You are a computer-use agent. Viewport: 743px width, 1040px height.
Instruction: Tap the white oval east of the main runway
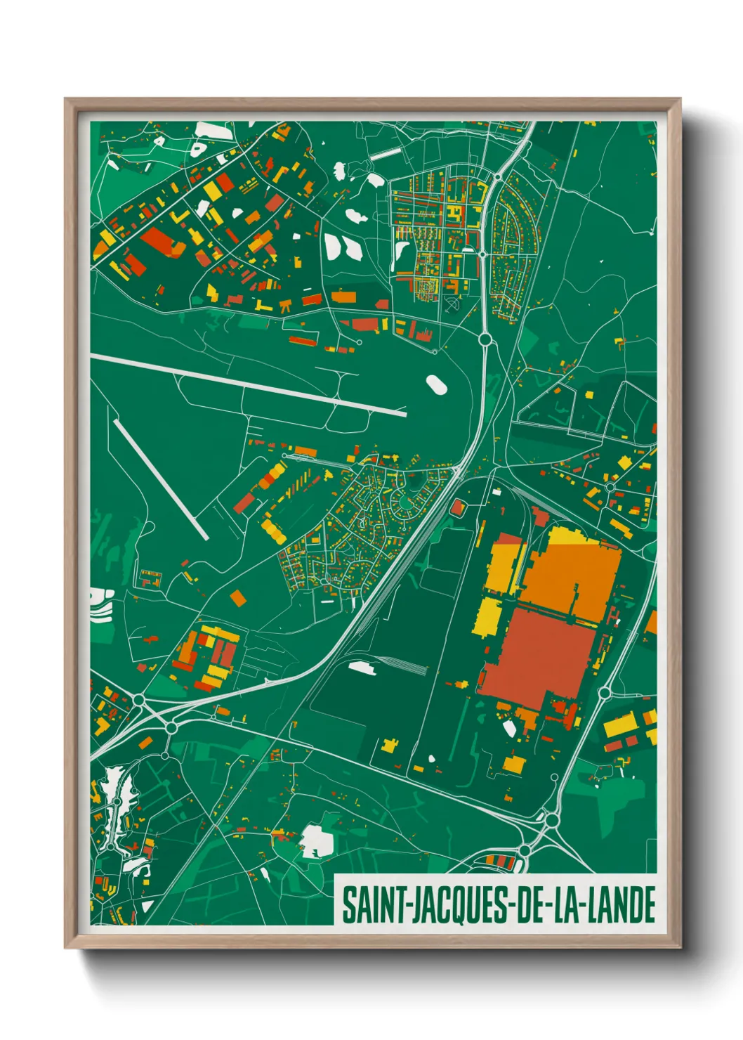(435, 384)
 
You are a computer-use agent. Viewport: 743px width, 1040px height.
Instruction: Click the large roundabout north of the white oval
(484, 339)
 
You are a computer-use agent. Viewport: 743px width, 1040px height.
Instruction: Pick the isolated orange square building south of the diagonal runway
(238, 598)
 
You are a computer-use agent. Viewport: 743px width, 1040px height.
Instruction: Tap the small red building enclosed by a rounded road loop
(457, 507)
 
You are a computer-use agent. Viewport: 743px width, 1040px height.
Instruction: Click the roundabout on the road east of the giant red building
(605, 693)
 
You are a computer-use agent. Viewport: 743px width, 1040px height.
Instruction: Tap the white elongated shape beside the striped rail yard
(362, 668)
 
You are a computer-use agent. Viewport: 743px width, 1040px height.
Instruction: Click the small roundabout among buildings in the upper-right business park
(610, 486)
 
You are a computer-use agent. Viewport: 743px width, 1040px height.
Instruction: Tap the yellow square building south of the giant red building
(514, 765)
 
